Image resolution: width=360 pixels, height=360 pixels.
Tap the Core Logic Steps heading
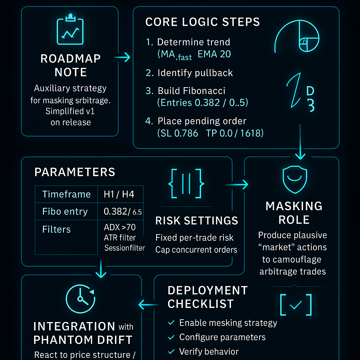202,22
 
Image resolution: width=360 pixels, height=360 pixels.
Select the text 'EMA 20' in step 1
214,54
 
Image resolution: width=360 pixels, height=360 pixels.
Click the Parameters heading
75,172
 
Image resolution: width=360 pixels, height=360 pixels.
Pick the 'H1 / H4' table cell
119,194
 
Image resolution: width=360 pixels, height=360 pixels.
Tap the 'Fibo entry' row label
65,212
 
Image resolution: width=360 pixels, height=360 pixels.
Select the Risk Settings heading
197,221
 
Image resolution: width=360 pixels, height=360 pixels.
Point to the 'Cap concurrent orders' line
196,250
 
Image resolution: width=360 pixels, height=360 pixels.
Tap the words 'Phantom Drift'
83,340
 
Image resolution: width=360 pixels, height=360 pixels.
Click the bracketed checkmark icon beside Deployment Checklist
296,305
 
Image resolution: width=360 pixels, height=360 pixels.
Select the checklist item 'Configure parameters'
222,337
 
